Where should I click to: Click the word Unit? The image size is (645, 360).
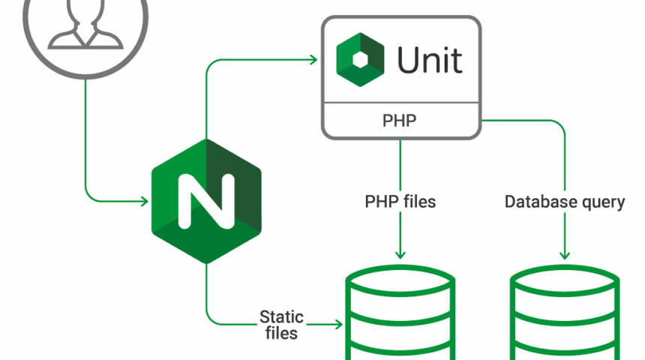430,61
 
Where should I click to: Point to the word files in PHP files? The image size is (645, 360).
416,202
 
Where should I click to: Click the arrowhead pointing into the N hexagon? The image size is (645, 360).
144,200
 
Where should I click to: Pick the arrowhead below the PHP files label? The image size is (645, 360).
400,253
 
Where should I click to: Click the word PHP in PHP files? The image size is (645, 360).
379,202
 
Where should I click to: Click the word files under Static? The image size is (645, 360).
280,332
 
